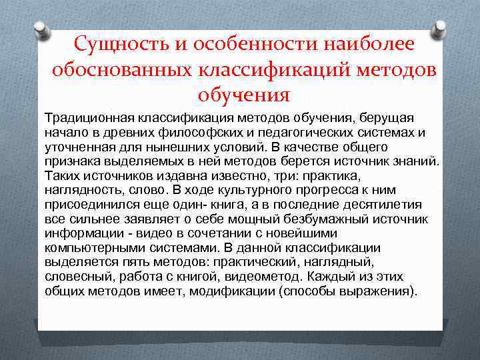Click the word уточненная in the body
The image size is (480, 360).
tap(74, 146)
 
